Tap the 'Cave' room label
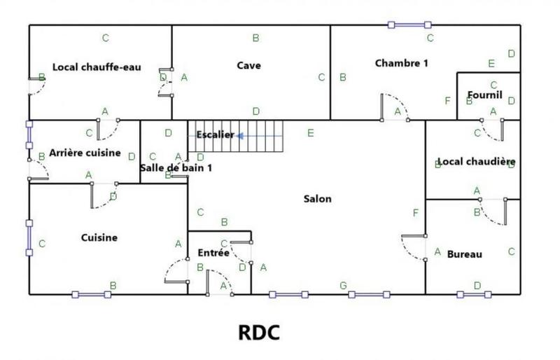[x=248, y=66]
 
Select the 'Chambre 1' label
[x=401, y=63]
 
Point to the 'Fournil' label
[x=484, y=95]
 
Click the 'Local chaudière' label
[x=475, y=162]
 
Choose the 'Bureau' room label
[x=464, y=254]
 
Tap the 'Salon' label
[x=317, y=198]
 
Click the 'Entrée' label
[x=213, y=253]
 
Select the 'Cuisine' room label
[x=99, y=237]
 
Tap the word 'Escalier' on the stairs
[x=214, y=134]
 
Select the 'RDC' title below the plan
[x=259, y=332]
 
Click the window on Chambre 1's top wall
[x=409, y=25]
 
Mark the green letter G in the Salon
[x=343, y=285]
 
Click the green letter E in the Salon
[x=311, y=132]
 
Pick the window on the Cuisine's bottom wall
[x=92, y=295]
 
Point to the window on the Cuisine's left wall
[x=29, y=239]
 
